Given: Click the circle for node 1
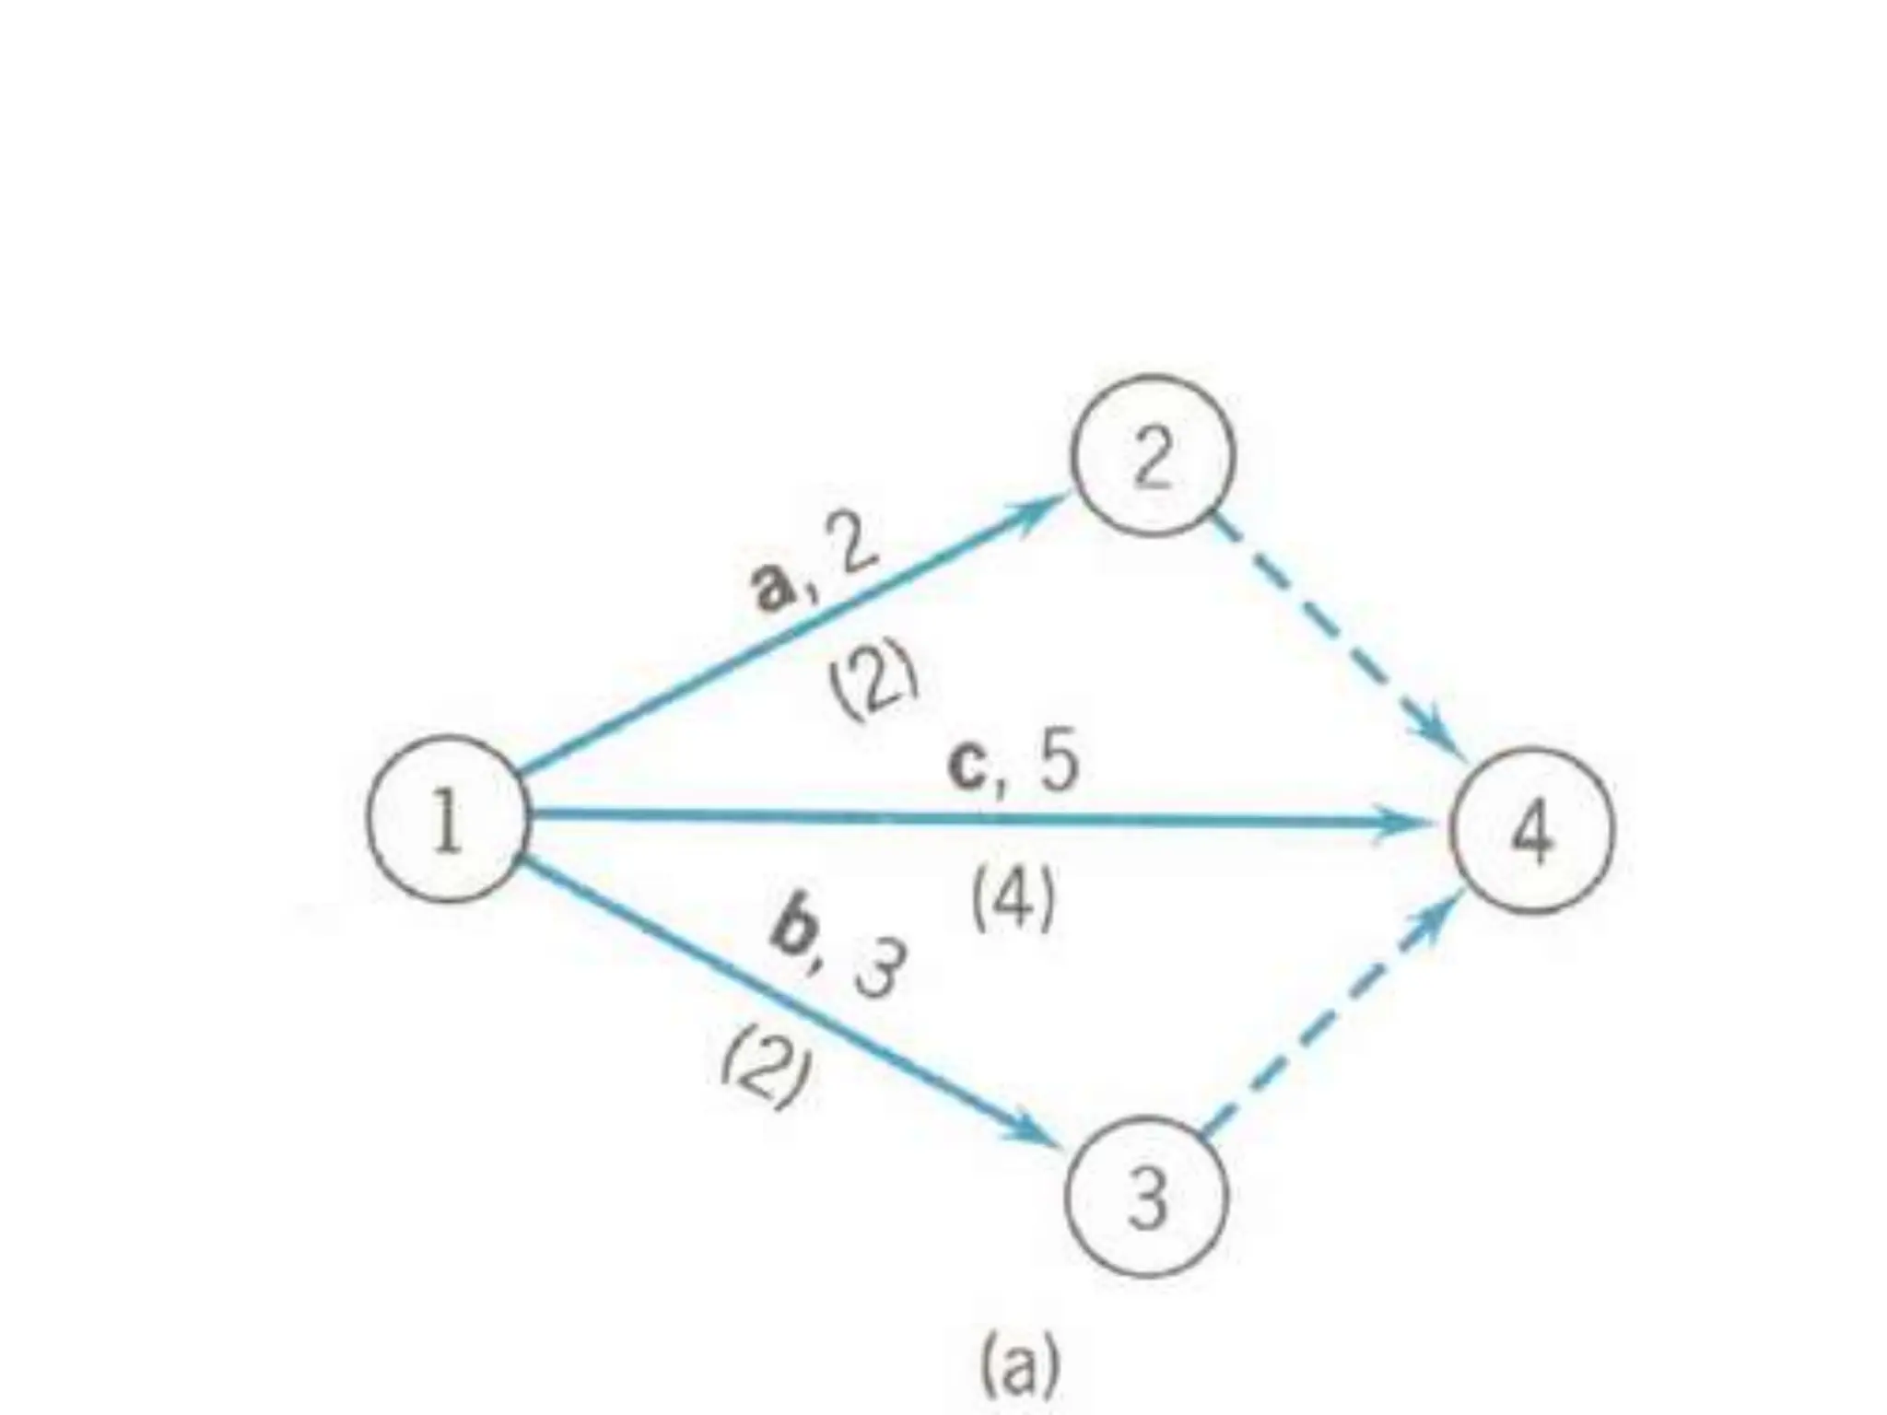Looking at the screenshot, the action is coord(449,818).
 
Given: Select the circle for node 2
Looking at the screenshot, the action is coord(1152,455).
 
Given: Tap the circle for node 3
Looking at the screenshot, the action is coord(1147,1196).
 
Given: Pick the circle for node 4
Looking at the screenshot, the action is coord(1533,830).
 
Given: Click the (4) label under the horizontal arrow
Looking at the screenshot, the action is coord(1013,901).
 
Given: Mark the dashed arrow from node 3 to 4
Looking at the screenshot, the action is coord(1327,1023).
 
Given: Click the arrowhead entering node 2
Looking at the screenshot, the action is coord(1039,510).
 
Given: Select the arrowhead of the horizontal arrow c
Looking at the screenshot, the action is coord(1410,820).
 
